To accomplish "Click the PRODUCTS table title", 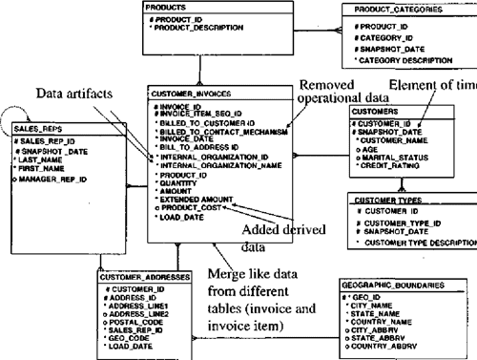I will [x=164, y=8].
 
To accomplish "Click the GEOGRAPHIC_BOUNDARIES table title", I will [x=389, y=286].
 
